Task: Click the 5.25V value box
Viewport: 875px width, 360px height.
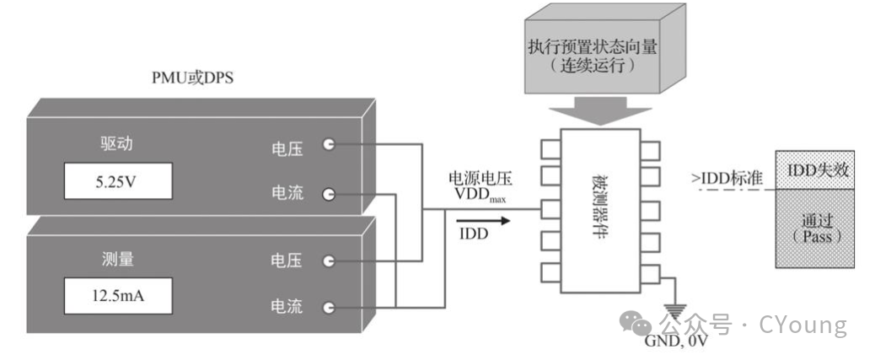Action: (x=117, y=180)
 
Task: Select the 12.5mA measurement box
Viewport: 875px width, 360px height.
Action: (x=117, y=295)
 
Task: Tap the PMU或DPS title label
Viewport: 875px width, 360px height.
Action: (x=191, y=78)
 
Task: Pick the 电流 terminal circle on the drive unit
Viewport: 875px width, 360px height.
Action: (x=329, y=194)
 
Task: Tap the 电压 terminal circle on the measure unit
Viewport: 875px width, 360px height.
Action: (x=329, y=261)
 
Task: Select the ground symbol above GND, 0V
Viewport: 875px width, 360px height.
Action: (x=676, y=309)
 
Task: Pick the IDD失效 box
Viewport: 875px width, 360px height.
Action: (x=817, y=170)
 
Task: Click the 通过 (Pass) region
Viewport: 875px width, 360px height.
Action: (x=817, y=229)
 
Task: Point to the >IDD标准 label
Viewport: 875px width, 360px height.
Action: (x=727, y=178)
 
